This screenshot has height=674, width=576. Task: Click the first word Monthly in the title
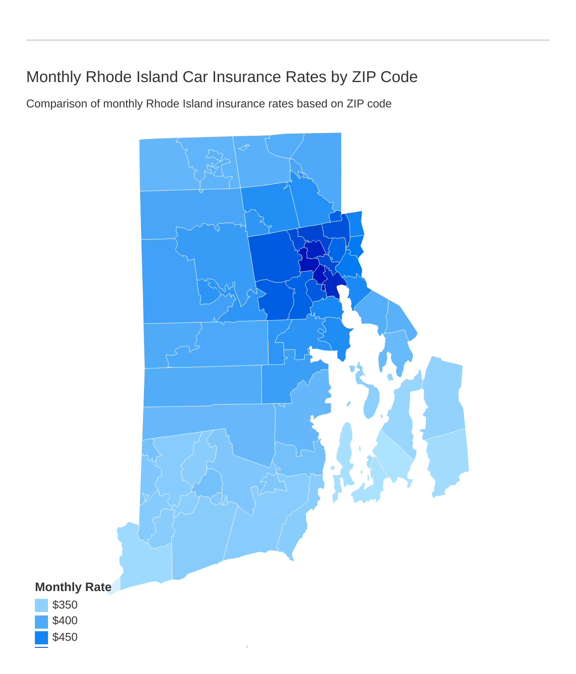pyautogui.click(x=54, y=77)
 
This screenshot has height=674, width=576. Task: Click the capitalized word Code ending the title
pyautogui.click(x=399, y=77)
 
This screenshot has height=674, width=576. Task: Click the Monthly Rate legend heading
pyautogui.click(x=73, y=587)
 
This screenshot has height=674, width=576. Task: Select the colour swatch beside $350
pyautogui.click(x=41, y=605)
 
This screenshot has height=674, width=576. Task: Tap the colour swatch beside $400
pyautogui.click(x=41, y=622)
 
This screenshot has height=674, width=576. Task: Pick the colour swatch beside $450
pyautogui.click(x=41, y=638)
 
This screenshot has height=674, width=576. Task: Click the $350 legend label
pyautogui.click(x=65, y=605)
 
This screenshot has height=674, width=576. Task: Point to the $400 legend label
pyautogui.click(x=65, y=621)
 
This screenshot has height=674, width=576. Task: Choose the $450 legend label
pyautogui.click(x=65, y=637)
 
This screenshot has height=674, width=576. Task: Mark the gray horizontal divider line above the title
pyautogui.click(x=288, y=40)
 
